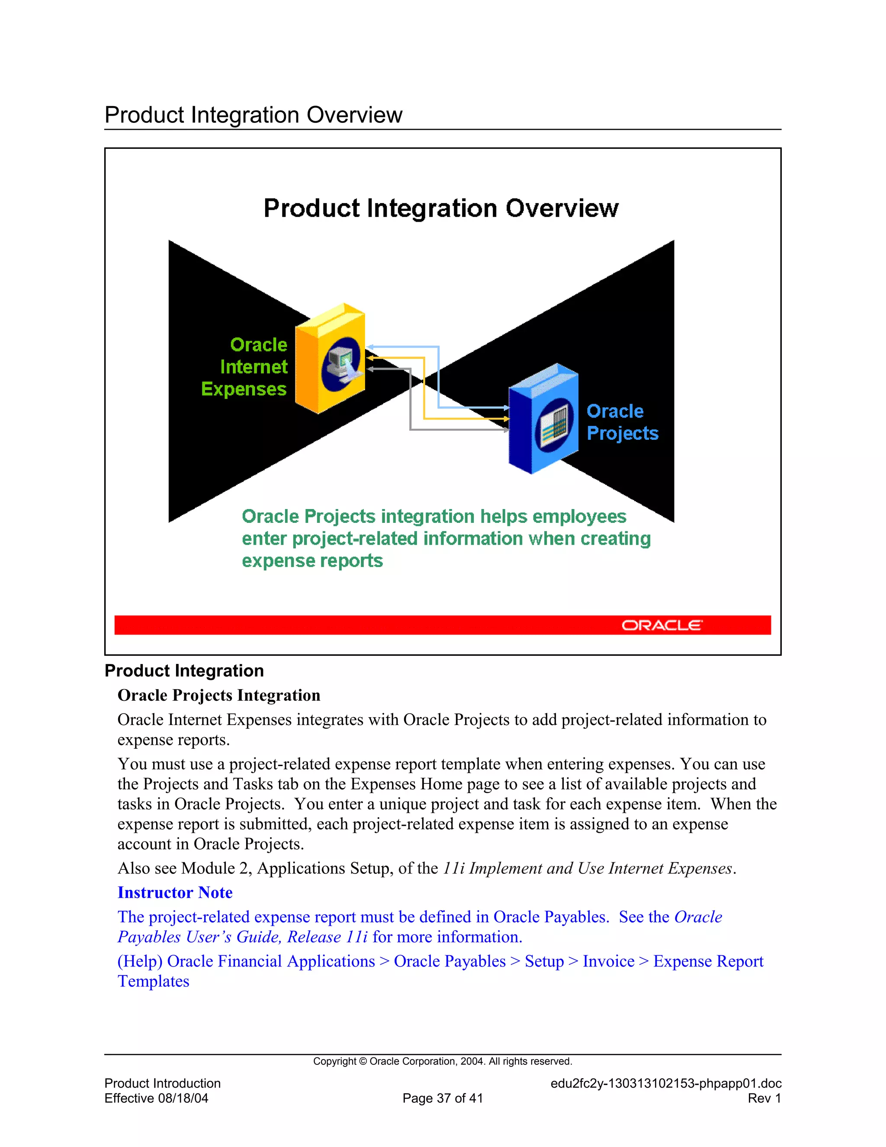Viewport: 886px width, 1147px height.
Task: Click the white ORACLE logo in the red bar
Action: click(x=661, y=625)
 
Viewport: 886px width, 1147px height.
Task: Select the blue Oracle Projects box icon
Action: click(x=543, y=419)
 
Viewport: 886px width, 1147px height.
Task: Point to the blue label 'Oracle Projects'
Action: click(x=622, y=422)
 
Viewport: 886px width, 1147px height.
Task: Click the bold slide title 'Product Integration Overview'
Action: click(x=441, y=209)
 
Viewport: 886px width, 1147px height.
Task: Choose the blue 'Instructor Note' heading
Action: click(x=175, y=892)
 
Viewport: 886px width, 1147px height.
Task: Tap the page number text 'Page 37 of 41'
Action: click(x=443, y=1098)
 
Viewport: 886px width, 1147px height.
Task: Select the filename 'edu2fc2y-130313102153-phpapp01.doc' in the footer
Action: click(x=665, y=1083)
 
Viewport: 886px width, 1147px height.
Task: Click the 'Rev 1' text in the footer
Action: click(x=764, y=1098)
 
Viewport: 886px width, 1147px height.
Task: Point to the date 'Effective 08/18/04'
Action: click(x=157, y=1098)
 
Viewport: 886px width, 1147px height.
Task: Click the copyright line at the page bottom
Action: click(x=443, y=1061)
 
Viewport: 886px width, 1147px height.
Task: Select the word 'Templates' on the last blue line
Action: click(x=153, y=981)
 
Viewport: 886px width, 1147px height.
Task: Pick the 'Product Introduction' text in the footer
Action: click(x=163, y=1083)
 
